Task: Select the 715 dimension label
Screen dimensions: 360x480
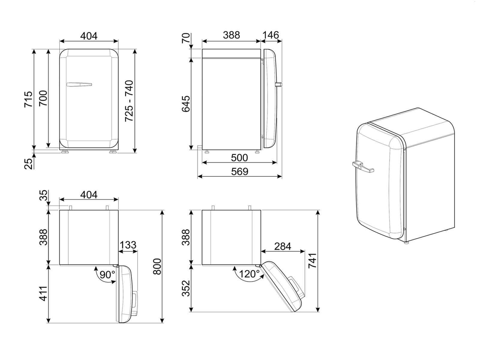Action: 28,99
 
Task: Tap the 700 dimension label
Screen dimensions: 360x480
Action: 43,98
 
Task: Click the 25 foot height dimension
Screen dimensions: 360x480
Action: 28,163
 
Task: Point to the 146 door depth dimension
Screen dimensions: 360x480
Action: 271,35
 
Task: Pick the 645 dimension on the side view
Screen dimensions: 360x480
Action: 186,104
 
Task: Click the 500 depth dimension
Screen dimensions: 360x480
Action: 239,157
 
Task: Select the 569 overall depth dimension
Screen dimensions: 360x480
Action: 239,172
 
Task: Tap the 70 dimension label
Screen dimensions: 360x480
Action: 186,38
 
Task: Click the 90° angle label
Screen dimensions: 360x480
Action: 107,274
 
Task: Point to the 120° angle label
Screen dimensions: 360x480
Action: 249,274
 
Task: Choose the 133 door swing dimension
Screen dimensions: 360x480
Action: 128,245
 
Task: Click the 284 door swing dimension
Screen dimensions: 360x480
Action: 283,246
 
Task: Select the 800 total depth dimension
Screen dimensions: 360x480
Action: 157,266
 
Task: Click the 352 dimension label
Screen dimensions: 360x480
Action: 186,288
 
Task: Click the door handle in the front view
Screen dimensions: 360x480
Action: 79,85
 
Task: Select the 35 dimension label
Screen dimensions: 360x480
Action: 44,195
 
